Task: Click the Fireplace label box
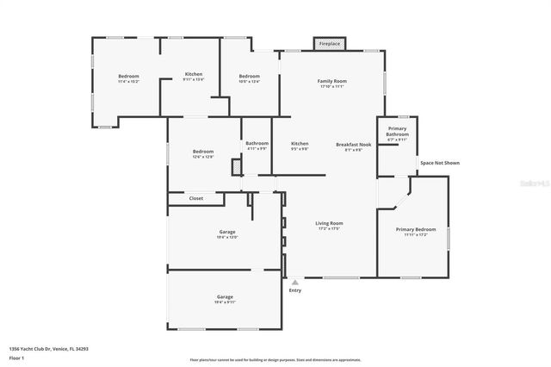tap(329, 43)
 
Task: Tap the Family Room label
tap(331, 80)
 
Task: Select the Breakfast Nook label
tap(353, 144)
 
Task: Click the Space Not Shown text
tap(439, 162)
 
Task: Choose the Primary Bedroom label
tap(416, 229)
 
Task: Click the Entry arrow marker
tap(294, 282)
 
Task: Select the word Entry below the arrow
tap(295, 290)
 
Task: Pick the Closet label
tap(196, 198)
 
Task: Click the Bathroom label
tap(257, 143)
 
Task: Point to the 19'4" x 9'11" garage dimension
tap(225, 302)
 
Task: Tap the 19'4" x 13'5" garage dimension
tap(227, 237)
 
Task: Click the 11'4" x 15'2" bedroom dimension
tap(128, 81)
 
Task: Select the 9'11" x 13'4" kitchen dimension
tap(194, 79)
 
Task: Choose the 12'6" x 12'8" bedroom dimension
tap(203, 157)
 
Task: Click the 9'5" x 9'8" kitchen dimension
tap(300, 148)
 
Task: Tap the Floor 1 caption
tap(17, 357)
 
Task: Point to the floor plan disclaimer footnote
tap(275, 359)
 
